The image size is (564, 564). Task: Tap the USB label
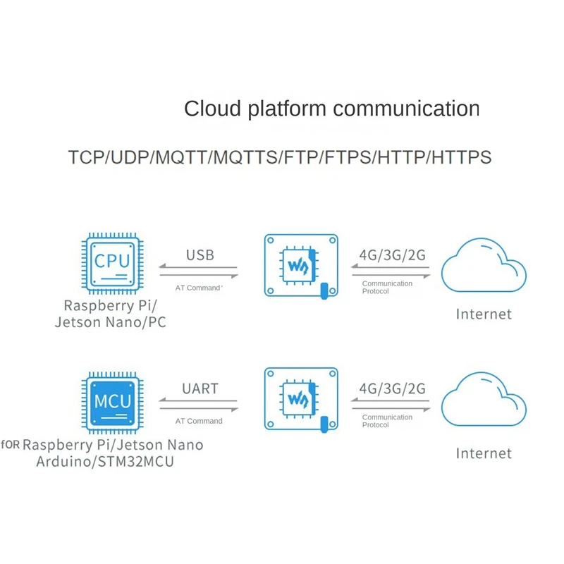(200, 255)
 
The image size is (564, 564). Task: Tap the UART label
(200, 388)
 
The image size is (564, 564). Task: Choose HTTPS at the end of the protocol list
(462, 157)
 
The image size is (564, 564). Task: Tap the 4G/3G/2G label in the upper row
(392, 255)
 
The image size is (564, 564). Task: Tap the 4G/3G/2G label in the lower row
(392, 388)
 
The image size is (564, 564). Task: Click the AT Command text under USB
(198, 288)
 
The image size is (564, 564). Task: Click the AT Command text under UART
(198, 421)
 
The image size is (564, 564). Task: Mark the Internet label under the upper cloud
(484, 314)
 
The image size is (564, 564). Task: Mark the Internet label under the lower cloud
(484, 453)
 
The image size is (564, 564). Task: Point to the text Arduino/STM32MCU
(106, 462)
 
